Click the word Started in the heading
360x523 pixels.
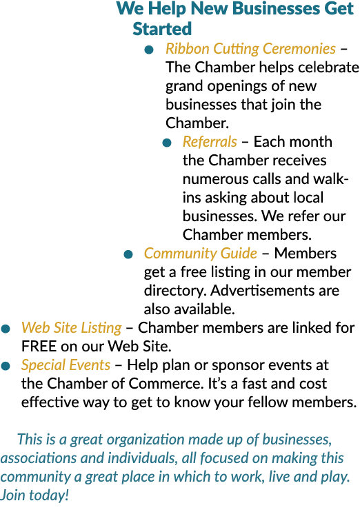(162, 29)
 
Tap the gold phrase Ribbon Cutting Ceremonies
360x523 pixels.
(250, 49)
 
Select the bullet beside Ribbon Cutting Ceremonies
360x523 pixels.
(149, 50)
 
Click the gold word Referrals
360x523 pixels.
(210, 142)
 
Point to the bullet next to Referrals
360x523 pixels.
(167, 143)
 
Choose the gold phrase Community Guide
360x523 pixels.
(201, 254)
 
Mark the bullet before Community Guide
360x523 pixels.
(128, 255)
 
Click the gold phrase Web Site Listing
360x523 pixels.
(72, 328)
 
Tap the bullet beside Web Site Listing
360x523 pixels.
(6, 329)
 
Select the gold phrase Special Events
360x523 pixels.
(66, 365)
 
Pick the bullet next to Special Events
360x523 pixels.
(6, 366)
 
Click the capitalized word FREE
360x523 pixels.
(39, 347)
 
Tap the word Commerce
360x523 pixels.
(166, 384)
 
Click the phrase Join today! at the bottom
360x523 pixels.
(34, 495)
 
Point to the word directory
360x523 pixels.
(175, 291)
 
